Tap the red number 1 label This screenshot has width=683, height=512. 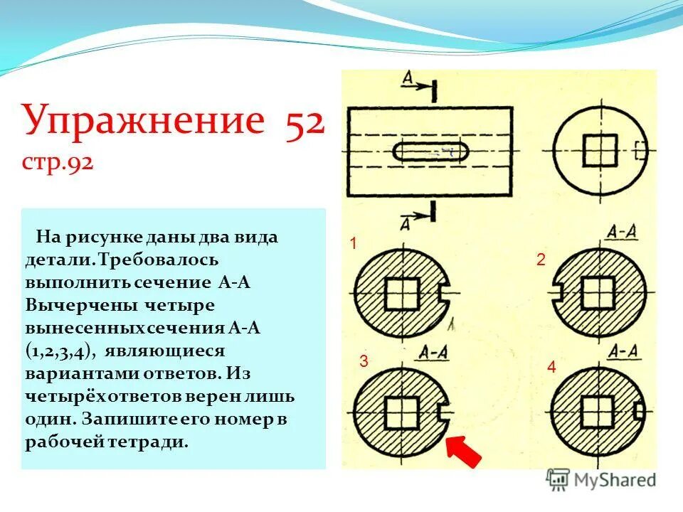352,245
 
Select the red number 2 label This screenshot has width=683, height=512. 541,261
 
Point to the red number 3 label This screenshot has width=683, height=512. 363,361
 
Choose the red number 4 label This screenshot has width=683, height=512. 551,368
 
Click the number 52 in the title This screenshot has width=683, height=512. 305,121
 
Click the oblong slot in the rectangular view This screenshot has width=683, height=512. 430,151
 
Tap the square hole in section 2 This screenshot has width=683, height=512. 597,292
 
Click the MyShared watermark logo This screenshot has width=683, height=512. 601,480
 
